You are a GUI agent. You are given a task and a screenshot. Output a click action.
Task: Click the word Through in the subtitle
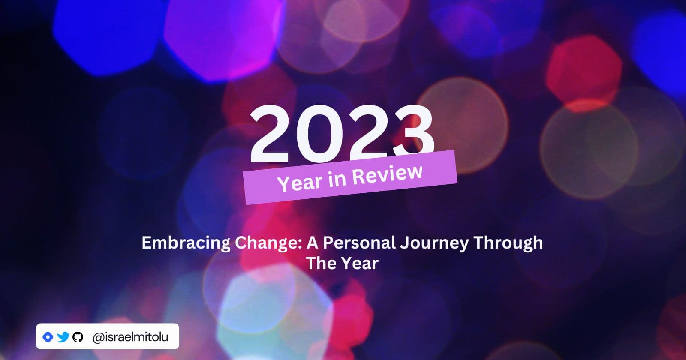[508, 243]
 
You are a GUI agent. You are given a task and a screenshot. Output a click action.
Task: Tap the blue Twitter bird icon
[63, 337]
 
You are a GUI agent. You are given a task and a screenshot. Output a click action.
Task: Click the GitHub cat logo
[78, 337]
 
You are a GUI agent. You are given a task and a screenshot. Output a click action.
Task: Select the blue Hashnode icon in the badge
[48, 337]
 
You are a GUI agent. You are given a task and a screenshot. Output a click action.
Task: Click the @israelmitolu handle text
[130, 337]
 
